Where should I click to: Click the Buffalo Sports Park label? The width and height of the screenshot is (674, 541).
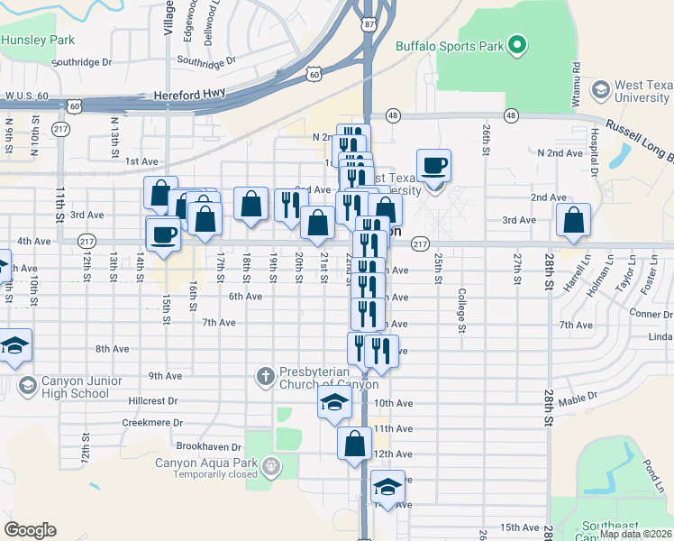[448, 45]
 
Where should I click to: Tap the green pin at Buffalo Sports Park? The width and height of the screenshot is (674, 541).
[516, 44]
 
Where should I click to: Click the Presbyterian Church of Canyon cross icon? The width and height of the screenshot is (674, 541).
[265, 375]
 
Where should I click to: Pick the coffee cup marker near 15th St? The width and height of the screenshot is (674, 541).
[163, 234]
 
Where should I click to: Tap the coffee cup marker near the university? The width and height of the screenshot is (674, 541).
[434, 165]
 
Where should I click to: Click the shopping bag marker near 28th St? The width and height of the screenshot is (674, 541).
[573, 220]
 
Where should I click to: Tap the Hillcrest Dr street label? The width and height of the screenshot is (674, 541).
[153, 400]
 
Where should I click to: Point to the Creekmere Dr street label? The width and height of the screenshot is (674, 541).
[153, 422]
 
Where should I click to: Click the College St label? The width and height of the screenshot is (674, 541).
[460, 311]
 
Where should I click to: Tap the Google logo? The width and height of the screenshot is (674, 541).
[30, 530]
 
